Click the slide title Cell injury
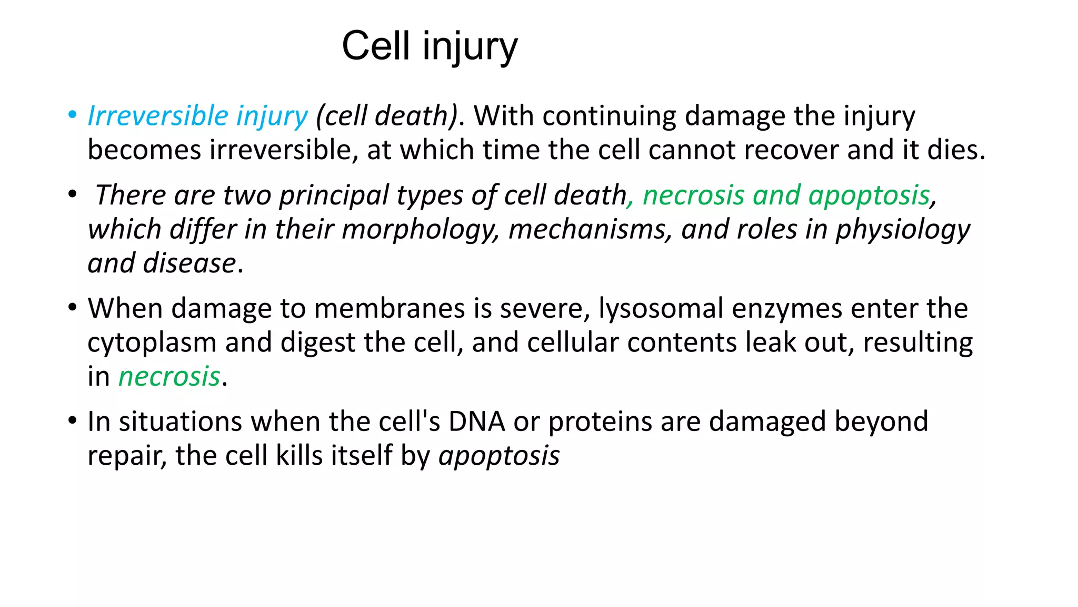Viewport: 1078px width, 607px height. [x=430, y=46]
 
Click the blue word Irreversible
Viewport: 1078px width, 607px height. [x=157, y=116]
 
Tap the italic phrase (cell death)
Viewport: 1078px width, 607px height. [x=386, y=116]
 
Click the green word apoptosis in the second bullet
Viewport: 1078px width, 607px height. [x=869, y=195]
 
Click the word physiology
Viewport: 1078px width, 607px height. [x=903, y=230]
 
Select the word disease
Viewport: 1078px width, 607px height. [x=189, y=263]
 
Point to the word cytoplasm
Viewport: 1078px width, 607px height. [x=152, y=343]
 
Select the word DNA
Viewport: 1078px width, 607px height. [x=476, y=422]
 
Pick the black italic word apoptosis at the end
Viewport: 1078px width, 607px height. [x=499, y=456]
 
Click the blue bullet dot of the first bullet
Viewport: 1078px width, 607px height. [x=73, y=115]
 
